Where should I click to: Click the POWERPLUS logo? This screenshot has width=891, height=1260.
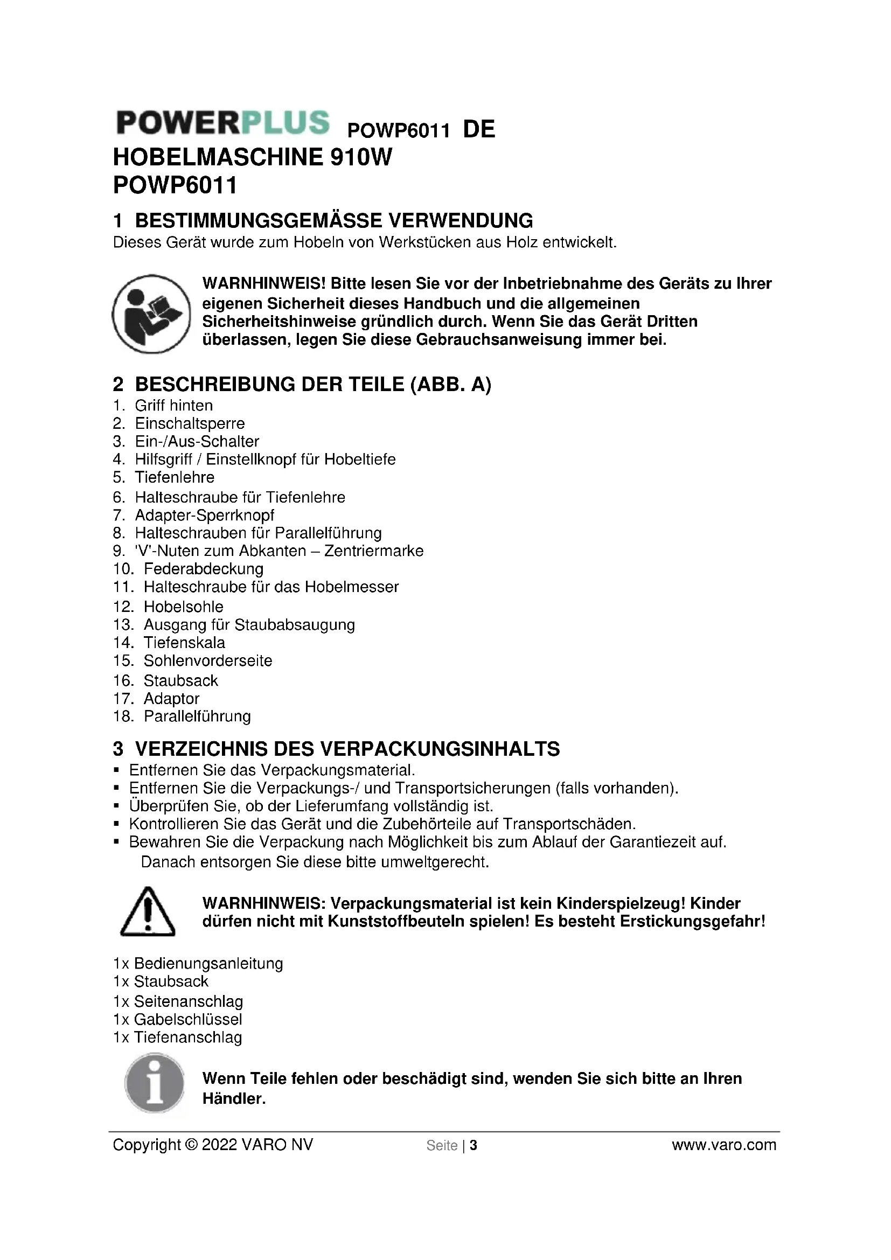click(223, 122)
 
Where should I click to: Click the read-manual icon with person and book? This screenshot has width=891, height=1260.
click(151, 314)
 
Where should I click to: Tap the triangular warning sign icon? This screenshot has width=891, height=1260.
click(148, 912)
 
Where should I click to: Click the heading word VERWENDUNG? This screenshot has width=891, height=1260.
click(460, 221)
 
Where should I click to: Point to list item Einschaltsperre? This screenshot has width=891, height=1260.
click(190, 423)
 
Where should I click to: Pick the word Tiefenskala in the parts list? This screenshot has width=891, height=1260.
click(184, 643)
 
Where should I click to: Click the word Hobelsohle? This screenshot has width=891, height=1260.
click(184, 607)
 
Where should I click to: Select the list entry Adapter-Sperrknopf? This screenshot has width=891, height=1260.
click(205, 516)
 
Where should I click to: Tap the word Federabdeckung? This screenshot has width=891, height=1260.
click(204, 568)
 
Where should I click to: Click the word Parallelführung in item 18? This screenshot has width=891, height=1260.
click(197, 716)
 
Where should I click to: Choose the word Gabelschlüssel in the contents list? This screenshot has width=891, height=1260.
click(188, 1020)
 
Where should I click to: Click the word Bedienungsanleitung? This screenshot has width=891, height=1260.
click(208, 964)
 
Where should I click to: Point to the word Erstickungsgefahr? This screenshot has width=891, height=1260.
click(692, 921)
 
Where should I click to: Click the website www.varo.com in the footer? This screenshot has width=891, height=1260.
click(723, 1145)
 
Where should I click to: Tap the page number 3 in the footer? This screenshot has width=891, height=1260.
click(474, 1145)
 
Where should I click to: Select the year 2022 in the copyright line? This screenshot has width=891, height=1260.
click(219, 1145)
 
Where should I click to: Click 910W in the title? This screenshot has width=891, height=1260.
click(361, 157)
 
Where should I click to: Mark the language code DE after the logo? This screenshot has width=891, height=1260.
click(479, 129)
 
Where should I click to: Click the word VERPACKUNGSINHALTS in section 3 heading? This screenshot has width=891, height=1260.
click(440, 749)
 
